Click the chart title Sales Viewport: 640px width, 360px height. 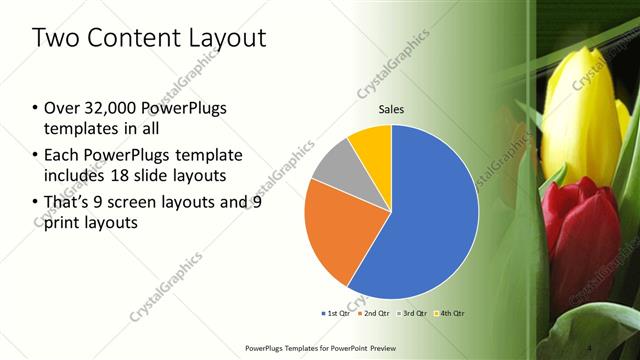(x=392, y=110)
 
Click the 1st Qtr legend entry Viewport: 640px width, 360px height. (x=337, y=313)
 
